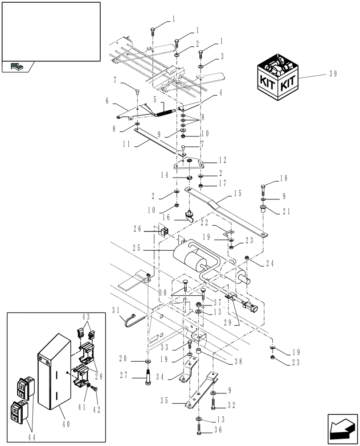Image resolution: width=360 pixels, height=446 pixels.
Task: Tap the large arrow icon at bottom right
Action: (342, 429)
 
